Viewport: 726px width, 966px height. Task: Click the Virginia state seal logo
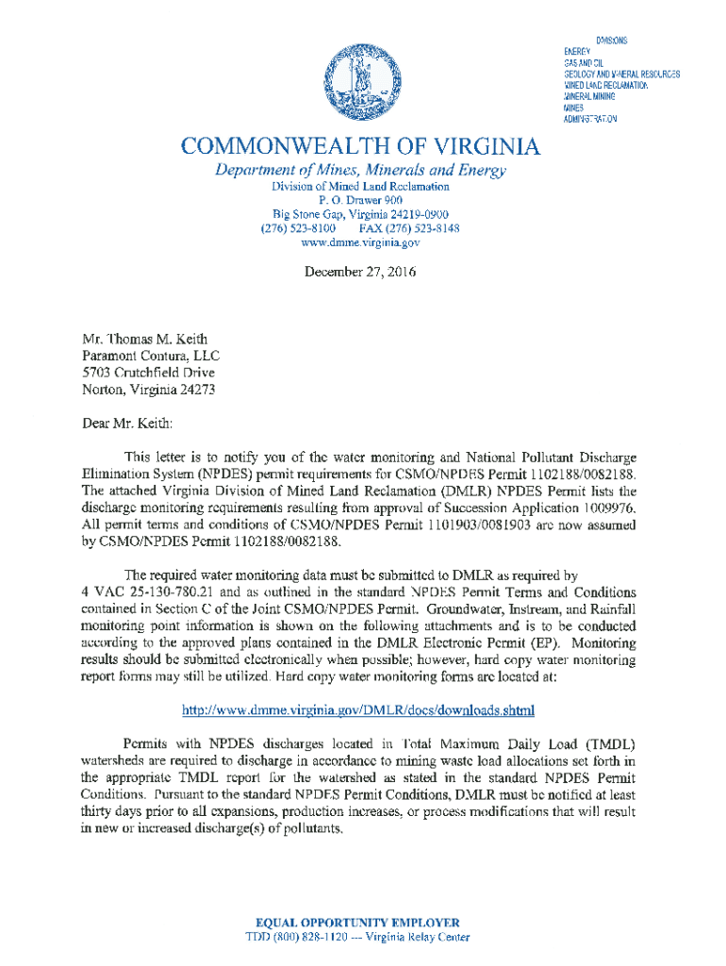point(362,83)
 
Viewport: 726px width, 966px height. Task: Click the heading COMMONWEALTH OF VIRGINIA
point(362,146)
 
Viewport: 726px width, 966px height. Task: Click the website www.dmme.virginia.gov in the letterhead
point(359,242)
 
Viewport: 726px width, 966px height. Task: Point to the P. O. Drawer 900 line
point(361,200)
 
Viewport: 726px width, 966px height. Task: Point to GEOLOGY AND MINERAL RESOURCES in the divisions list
point(621,74)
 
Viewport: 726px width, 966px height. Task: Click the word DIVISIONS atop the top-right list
point(611,40)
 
